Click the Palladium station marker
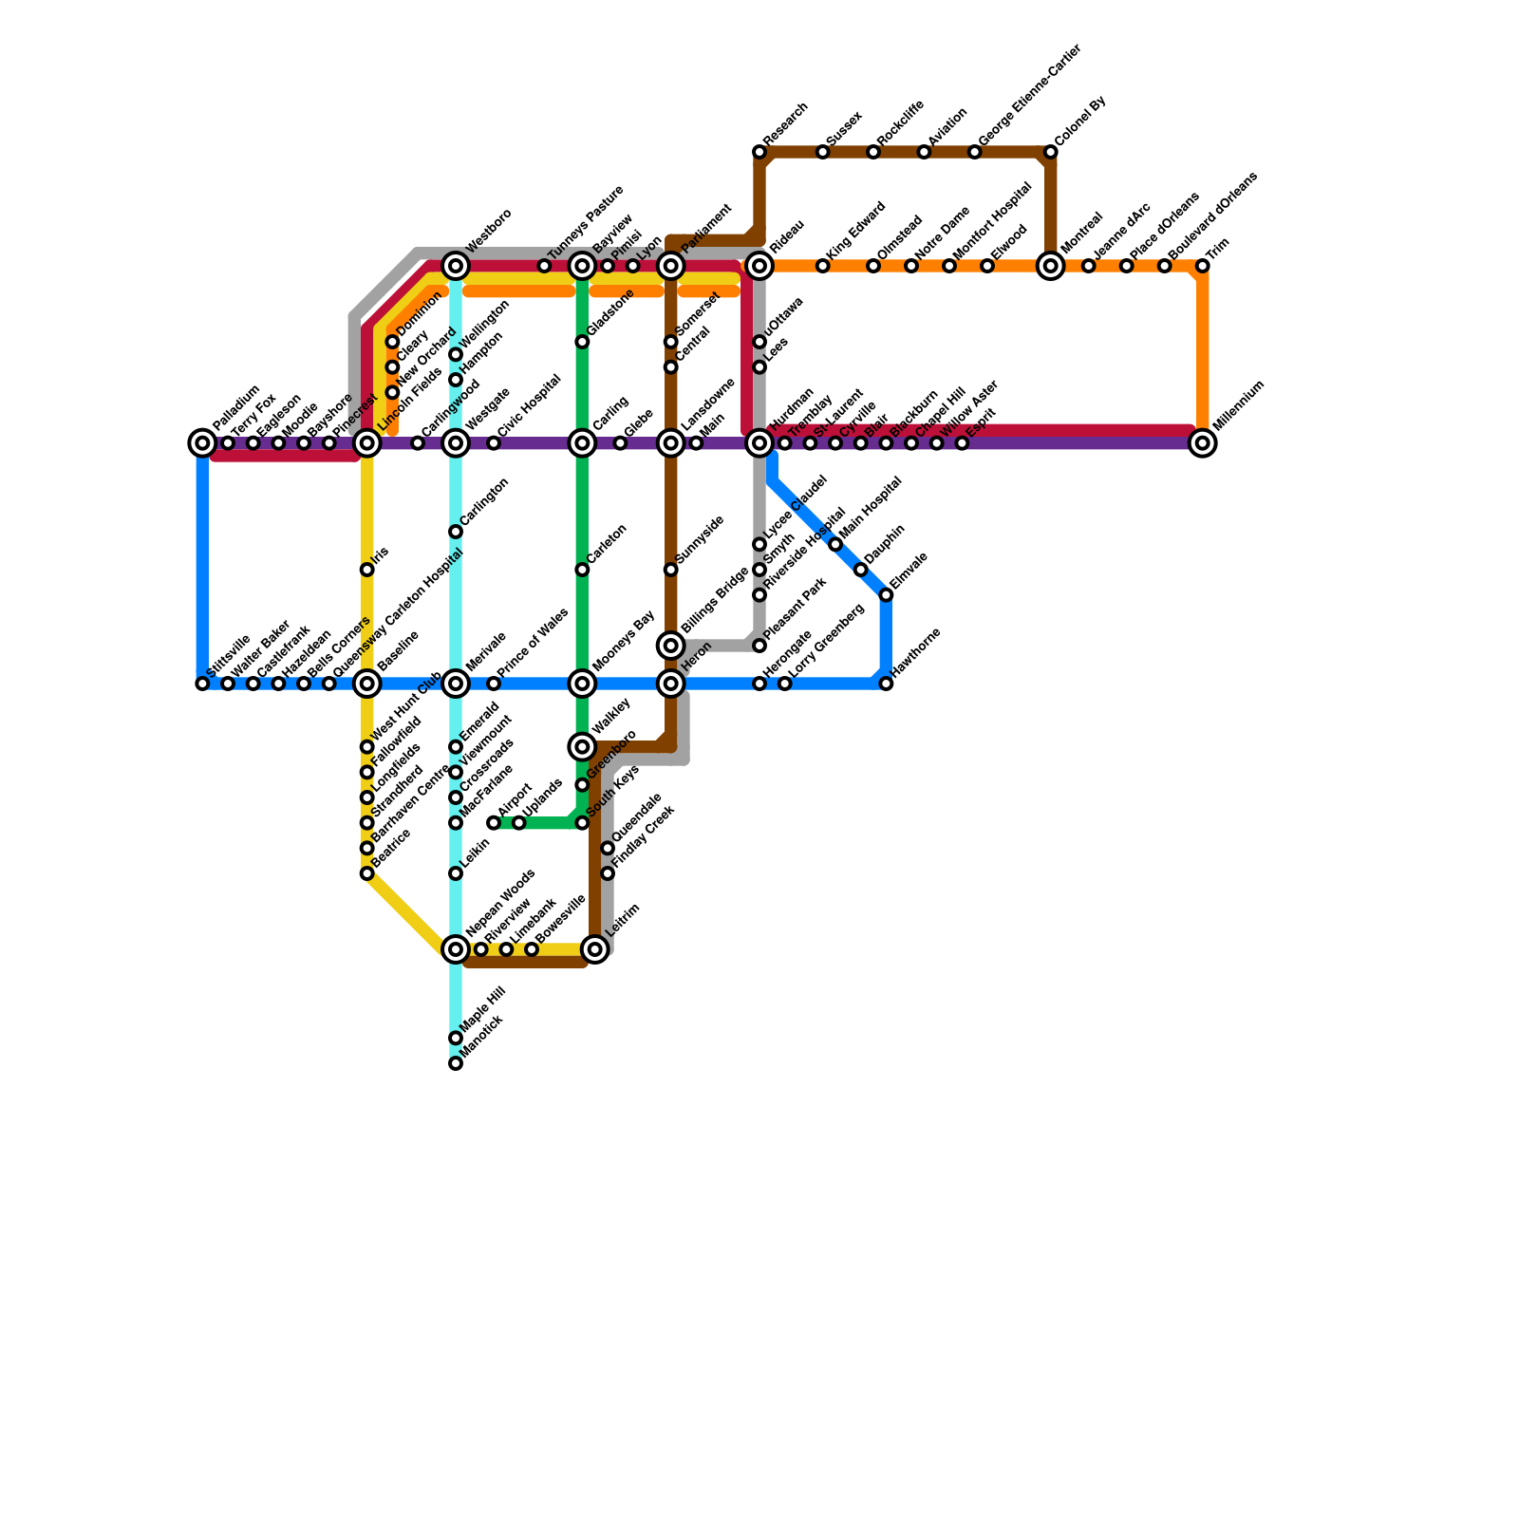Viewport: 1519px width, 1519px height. (x=202, y=442)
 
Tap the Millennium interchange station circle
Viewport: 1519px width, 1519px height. (x=1203, y=442)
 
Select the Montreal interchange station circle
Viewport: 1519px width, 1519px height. (x=1051, y=266)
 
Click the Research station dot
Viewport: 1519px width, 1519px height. (x=759, y=152)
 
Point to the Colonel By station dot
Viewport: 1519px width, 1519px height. (x=1051, y=152)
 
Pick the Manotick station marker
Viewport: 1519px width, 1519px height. (x=456, y=1063)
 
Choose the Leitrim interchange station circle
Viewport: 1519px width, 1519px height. (x=595, y=948)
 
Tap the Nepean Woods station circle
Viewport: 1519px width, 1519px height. (x=456, y=948)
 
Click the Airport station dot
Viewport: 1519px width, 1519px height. (x=494, y=822)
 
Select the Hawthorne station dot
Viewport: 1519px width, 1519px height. (x=886, y=684)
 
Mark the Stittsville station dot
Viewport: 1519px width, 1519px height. (x=202, y=684)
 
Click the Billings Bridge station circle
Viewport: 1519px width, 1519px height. (x=671, y=646)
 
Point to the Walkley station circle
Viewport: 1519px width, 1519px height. (x=582, y=747)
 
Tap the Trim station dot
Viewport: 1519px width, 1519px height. (x=1203, y=266)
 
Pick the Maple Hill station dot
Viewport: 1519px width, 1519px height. (x=456, y=1038)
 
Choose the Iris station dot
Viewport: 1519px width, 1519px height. (x=367, y=570)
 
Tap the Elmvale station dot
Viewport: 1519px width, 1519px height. (x=886, y=595)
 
